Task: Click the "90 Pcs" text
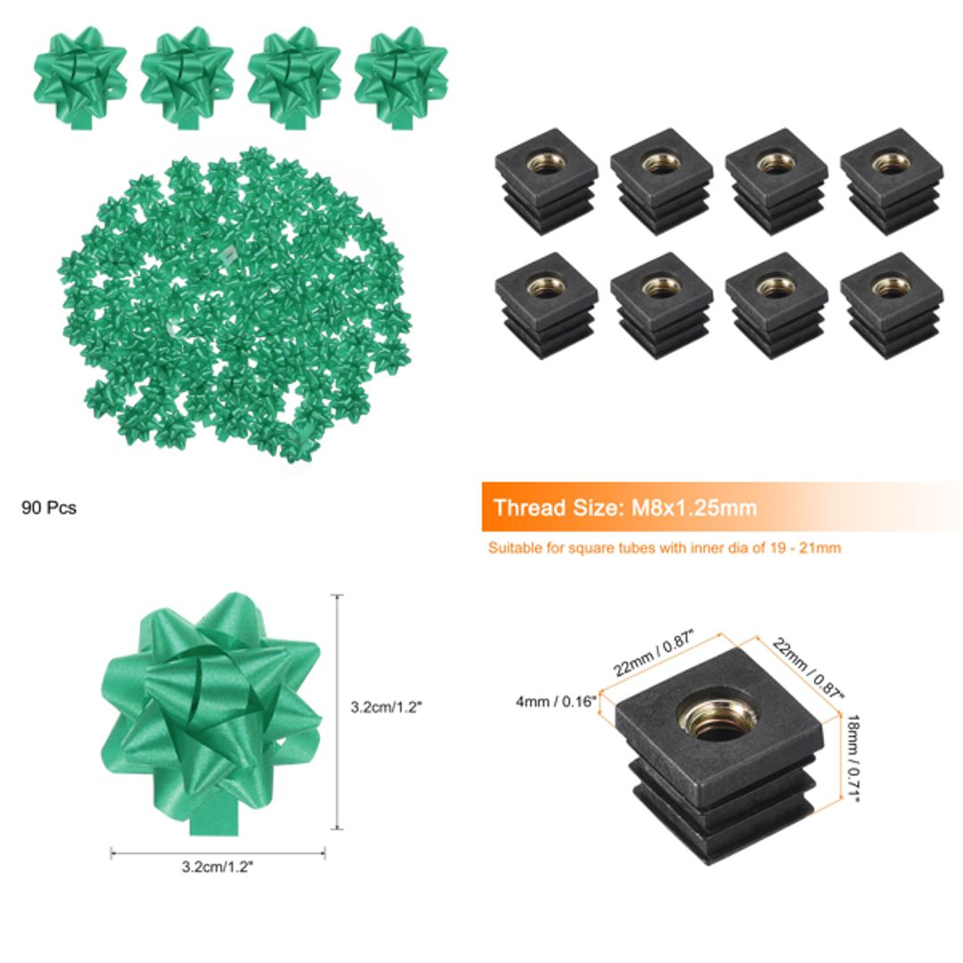pyautogui.click(x=49, y=508)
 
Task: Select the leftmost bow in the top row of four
pyautogui.click(x=80, y=75)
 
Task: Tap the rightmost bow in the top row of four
pyautogui.click(x=400, y=75)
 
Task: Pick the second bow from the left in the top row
pyautogui.click(x=186, y=75)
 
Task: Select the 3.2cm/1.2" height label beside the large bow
pyautogui.click(x=386, y=706)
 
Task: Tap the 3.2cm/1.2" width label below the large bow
pyautogui.click(x=217, y=866)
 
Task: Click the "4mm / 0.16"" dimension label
pyautogui.click(x=554, y=701)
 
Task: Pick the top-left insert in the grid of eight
pyautogui.click(x=545, y=180)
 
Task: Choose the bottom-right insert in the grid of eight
pyautogui.click(x=891, y=305)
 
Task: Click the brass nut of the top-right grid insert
pyautogui.click(x=891, y=162)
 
